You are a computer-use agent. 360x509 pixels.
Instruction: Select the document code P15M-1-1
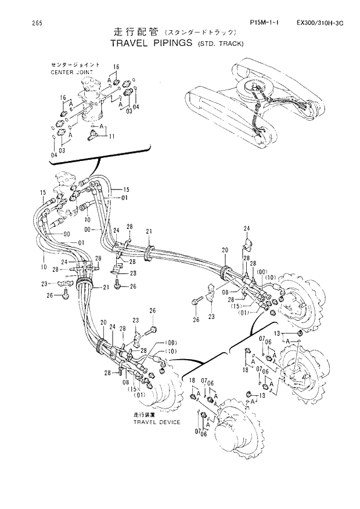[264, 23]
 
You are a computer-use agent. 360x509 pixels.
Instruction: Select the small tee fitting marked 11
[92, 136]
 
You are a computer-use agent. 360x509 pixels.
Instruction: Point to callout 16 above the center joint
[116, 67]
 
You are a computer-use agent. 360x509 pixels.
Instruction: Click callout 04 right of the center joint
[136, 107]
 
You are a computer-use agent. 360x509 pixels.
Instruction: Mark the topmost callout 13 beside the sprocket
[278, 333]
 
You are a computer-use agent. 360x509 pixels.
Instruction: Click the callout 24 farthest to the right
[246, 228]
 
